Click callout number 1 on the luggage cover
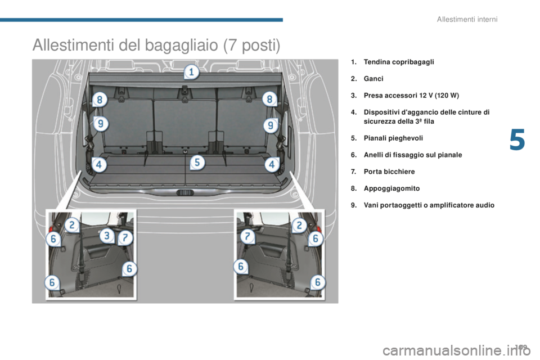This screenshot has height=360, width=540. tap(191, 73)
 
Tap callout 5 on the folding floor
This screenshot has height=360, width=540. tap(197, 163)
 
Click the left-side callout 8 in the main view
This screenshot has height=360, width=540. tap(99, 100)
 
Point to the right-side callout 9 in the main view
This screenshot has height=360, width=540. tap(271, 124)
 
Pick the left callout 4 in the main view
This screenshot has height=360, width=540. tap(99, 165)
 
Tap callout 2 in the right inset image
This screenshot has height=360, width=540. tap(299, 226)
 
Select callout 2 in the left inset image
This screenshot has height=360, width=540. tap(71, 226)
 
